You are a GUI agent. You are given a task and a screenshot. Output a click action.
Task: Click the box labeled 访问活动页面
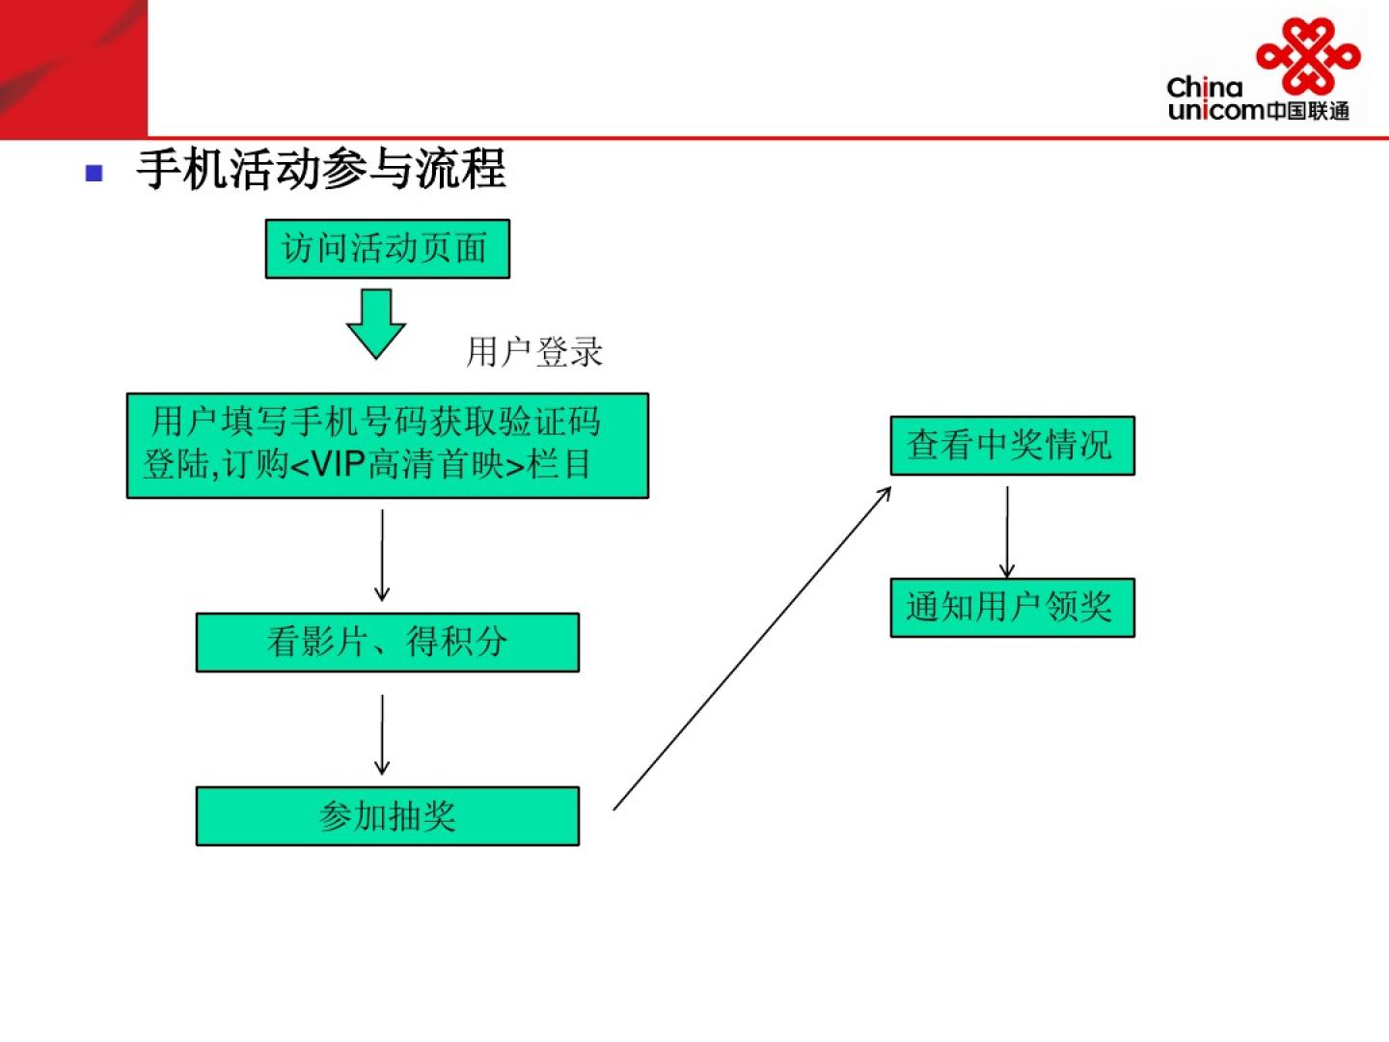click(x=387, y=249)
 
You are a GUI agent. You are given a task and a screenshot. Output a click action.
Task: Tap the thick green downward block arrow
click(x=375, y=322)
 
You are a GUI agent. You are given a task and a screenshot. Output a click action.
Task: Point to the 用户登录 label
click(x=534, y=351)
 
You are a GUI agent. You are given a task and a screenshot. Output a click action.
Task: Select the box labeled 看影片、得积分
click(x=387, y=642)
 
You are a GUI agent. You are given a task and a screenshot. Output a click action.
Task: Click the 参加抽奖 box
click(x=387, y=816)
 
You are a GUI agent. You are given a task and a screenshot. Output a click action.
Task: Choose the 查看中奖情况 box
click(x=1011, y=445)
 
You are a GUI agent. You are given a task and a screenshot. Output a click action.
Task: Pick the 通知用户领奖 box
click(x=1011, y=607)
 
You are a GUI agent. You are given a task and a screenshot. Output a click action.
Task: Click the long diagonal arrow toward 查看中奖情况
click(x=751, y=649)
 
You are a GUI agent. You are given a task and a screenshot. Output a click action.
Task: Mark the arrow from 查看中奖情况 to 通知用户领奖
click(x=1007, y=531)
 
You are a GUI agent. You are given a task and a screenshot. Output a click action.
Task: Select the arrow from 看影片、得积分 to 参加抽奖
click(x=382, y=733)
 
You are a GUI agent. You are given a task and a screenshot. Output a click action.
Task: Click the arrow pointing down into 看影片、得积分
click(x=382, y=555)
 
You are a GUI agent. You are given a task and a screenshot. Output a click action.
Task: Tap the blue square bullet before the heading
click(x=94, y=174)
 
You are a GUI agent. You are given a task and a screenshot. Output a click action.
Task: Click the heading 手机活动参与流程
click(x=321, y=170)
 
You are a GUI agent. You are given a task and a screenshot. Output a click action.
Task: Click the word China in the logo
click(x=1204, y=88)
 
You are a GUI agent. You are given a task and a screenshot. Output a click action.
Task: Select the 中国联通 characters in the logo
click(x=1307, y=111)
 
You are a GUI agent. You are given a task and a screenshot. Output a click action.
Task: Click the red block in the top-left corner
click(x=73, y=68)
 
